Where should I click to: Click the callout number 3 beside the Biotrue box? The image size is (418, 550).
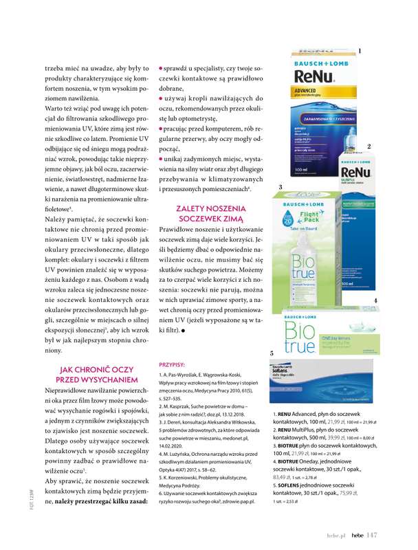[x=280, y=187]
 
